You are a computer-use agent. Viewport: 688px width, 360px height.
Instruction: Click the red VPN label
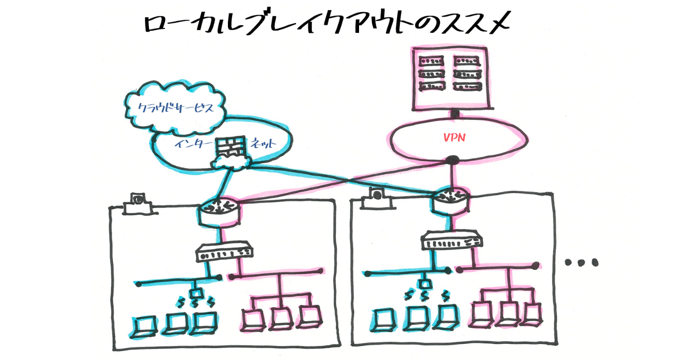[454, 138]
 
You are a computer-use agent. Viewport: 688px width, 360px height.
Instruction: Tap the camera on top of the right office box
[376, 197]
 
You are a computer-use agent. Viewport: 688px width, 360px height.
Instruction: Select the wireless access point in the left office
[195, 294]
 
